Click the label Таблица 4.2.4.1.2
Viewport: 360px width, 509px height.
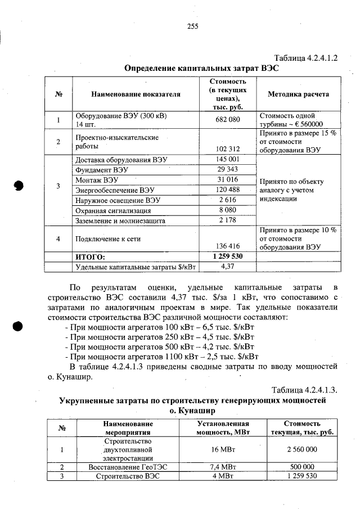305,58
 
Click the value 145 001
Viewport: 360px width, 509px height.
228,159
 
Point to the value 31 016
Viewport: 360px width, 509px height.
228,179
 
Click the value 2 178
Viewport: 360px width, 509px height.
228,220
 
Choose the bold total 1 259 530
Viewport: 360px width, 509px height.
228,256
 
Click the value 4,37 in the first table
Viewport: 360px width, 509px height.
228,266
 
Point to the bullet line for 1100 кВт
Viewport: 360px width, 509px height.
162,357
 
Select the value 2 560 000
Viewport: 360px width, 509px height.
301,449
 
